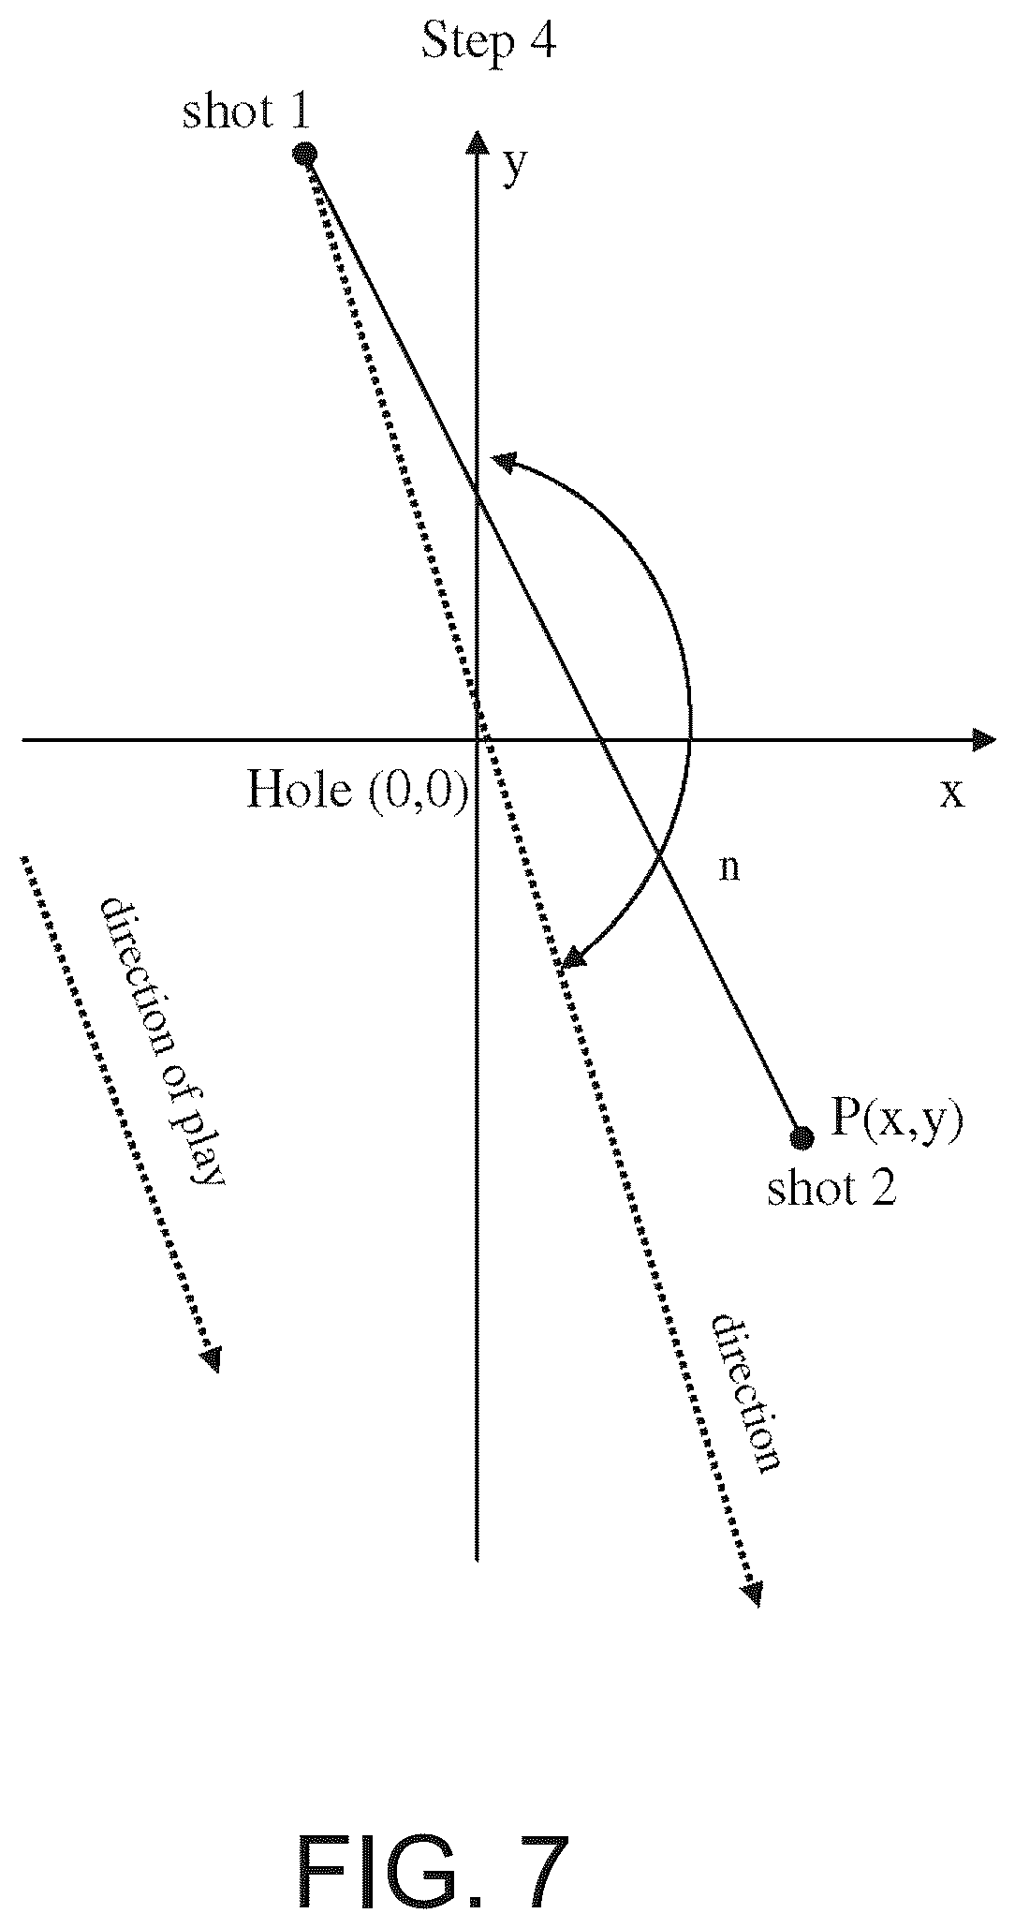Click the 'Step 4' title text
[489, 41]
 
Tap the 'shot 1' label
[245, 112]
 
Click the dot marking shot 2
[802, 1138]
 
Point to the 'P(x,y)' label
[897, 1120]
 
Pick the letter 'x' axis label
[951, 793]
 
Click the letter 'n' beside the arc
[729, 868]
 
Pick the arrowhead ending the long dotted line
[752, 1593]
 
